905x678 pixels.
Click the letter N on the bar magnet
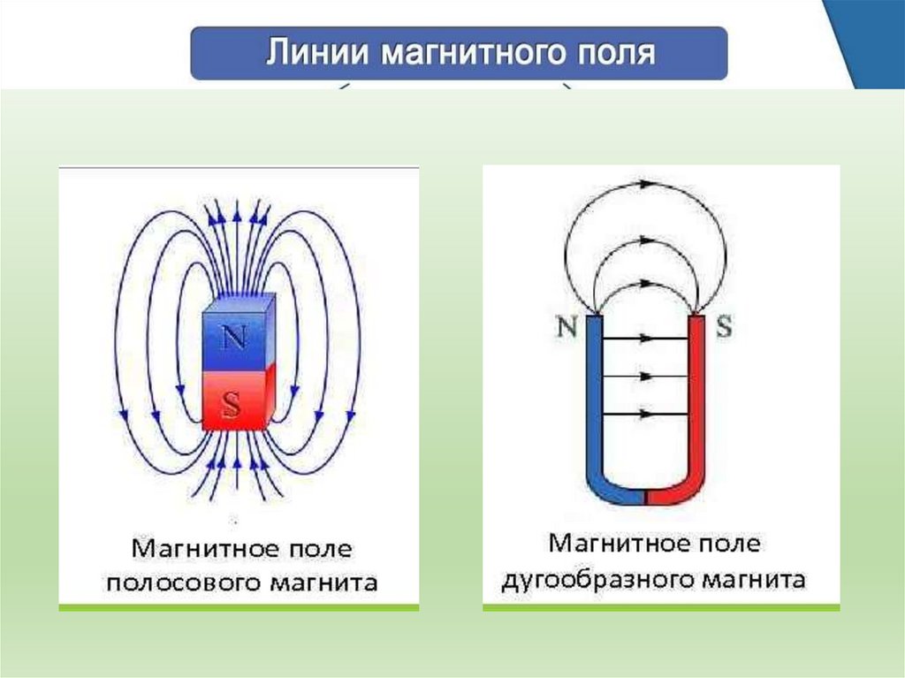233,339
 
